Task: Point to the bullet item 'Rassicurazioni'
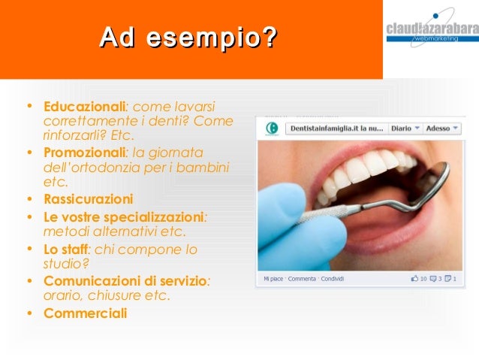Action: [x=88, y=199]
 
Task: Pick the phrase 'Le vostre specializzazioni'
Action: [x=123, y=216]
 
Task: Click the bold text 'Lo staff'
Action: [x=65, y=249]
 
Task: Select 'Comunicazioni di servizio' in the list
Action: [x=125, y=280]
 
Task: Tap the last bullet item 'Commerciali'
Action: [x=85, y=313]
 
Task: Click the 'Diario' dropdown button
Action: [x=405, y=129]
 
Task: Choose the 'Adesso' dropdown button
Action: [x=441, y=129]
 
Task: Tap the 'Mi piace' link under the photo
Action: [x=273, y=279]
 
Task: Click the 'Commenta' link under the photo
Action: [x=302, y=279]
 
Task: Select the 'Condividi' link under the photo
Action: [x=332, y=279]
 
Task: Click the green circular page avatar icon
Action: [x=272, y=129]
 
